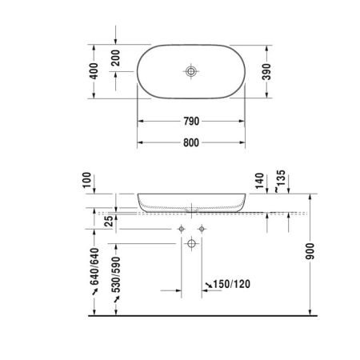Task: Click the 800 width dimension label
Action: point(190,143)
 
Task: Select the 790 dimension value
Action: point(190,122)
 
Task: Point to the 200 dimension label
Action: point(118,59)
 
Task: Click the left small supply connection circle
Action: point(183,229)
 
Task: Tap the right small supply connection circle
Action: point(202,229)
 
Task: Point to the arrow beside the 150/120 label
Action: point(208,284)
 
